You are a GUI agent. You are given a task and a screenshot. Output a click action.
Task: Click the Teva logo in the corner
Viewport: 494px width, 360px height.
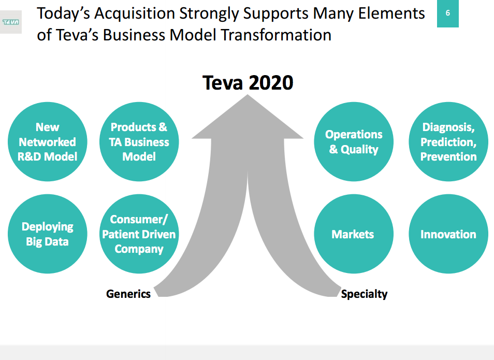pyautogui.click(x=10, y=22)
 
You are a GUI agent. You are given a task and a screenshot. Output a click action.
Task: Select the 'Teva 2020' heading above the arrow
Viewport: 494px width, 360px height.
pyautogui.click(x=248, y=83)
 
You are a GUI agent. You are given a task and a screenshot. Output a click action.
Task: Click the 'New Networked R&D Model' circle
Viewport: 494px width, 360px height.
pyautogui.click(x=47, y=142)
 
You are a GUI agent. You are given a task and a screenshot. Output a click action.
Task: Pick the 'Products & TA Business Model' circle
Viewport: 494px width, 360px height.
pyautogui.click(x=139, y=142)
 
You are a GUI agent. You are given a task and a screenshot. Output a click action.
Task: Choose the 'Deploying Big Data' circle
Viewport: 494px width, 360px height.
pyautogui.click(x=47, y=234)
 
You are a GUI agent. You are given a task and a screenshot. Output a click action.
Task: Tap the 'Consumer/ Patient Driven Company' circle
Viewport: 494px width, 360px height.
pyautogui.click(x=139, y=234)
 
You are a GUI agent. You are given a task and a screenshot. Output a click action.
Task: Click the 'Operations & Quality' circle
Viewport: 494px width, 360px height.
pyautogui.click(x=354, y=142)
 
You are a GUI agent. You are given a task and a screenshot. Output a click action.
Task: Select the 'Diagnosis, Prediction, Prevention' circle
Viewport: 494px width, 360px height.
pyautogui.click(x=448, y=142)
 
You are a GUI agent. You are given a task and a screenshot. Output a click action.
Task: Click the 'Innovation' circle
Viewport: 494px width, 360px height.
pyautogui.click(x=448, y=234)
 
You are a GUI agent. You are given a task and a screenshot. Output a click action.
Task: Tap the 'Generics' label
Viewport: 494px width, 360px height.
pyautogui.click(x=128, y=294)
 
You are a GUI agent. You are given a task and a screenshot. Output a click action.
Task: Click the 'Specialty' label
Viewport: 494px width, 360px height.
pyautogui.click(x=364, y=294)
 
